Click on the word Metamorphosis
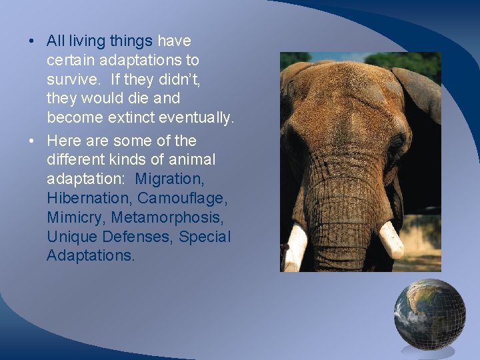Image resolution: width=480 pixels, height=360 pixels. (171, 218)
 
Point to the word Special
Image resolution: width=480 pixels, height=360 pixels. (205, 237)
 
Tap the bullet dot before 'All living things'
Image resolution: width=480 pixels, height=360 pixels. (32, 41)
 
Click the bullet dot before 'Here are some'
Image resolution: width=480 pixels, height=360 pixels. (32, 141)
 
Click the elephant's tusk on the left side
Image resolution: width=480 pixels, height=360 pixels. (295, 247)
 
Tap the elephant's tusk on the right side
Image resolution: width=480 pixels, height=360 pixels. (391, 240)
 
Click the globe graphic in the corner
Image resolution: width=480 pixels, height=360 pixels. (429, 315)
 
